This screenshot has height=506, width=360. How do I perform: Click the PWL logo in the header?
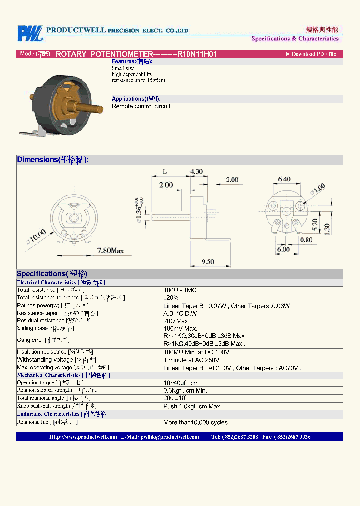(x=30, y=33)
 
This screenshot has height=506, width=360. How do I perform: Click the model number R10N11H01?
(x=197, y=54)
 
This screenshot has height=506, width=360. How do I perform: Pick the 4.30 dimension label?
(x=196, y=171)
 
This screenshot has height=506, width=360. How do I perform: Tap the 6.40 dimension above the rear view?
(x=284, y=178)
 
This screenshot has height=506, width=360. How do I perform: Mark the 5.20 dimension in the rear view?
(x=315, y=225)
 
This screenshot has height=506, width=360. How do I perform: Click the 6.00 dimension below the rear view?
(x=283, y=249)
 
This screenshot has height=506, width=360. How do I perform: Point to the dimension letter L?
(x=164, y=171)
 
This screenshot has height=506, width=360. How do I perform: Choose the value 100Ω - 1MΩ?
(x=180, y=290)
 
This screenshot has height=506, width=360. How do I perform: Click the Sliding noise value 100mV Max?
(x=180, y=329)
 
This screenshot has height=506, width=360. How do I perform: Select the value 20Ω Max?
(x=175, y=321)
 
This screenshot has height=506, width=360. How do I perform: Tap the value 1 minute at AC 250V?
(x=191, y=360)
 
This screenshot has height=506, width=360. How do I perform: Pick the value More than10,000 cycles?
(x=195, y=422)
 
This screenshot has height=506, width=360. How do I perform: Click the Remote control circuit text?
(x=141, y=106)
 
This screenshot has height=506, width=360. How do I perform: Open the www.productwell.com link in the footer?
(x=83, y=437)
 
